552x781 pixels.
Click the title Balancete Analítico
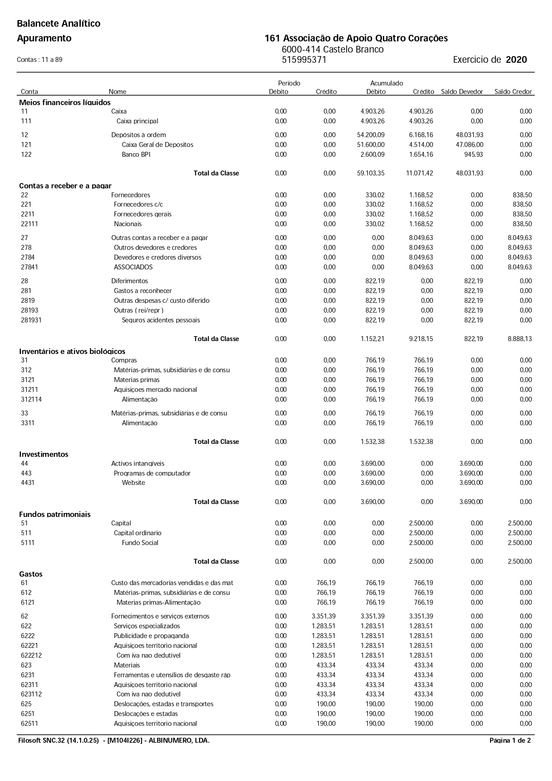(x=59, y=24)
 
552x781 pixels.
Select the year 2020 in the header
(x=516, y=60)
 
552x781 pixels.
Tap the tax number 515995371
(x=304, y=60)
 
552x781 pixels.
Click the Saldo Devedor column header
(x=462, y=92)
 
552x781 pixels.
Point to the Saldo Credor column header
(x=513, y=92)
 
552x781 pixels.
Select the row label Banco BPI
(x=136, y=155)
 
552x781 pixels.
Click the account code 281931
(x=31, y=320)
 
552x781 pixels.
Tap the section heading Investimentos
(x=44, y=454)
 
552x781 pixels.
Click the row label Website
(x=134, y=483)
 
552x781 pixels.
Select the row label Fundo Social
(x=140, y=543)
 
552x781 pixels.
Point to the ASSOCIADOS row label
(x=133, y=267)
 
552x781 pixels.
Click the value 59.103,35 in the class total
(x=370, y=173)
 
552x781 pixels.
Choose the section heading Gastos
(x=31, y=574)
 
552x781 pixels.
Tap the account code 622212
(x=31, y=655)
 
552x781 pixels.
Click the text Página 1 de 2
(x=510, y=740)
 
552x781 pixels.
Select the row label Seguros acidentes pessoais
(x=161, y=320)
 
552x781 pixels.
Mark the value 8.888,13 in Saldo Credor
(x=520, y=339)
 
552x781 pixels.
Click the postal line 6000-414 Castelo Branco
(x=333, y=49)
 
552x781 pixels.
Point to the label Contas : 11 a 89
(x=40, y=60)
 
